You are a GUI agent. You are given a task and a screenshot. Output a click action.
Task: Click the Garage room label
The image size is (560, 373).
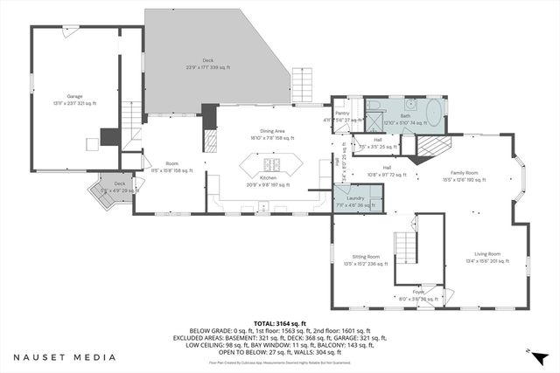coord(75,99)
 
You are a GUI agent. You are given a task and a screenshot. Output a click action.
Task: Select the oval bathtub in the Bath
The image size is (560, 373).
coord(434,115)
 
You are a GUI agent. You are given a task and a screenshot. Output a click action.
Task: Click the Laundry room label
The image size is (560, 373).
coord(354,200)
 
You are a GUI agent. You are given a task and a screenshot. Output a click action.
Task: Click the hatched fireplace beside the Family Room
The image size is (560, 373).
coord(430,150)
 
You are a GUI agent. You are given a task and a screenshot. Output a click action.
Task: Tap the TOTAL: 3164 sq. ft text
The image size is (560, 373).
coord(280,322)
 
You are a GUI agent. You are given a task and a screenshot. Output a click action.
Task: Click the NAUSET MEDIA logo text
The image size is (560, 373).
coord(64,356)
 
